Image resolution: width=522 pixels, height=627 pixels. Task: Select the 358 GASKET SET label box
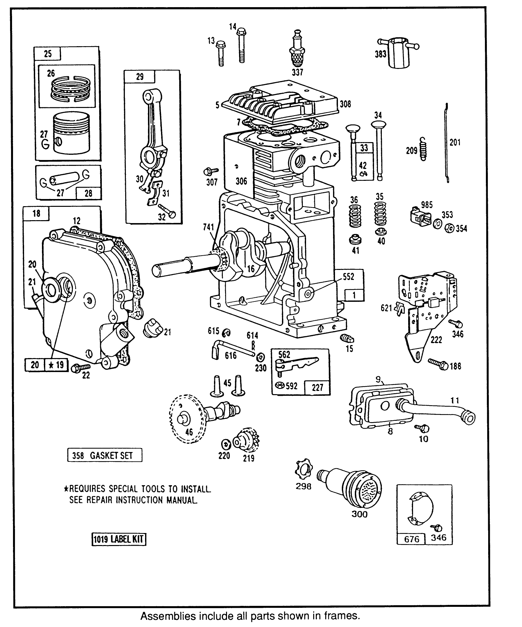coord(104,455)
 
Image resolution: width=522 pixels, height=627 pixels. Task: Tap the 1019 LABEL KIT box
coord(118,540)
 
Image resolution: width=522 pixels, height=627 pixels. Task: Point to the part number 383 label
coord(380,53)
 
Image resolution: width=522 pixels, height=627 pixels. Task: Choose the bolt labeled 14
coord(241,45)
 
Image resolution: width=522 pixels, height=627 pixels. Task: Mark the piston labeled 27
coord(71,133)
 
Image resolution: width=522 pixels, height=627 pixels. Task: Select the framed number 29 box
coord(139,77)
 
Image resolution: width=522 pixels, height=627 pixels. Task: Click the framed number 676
coord(411,539)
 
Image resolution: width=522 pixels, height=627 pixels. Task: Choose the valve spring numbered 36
coord(355,216)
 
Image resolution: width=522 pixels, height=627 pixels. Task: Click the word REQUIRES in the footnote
coord(85,489)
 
